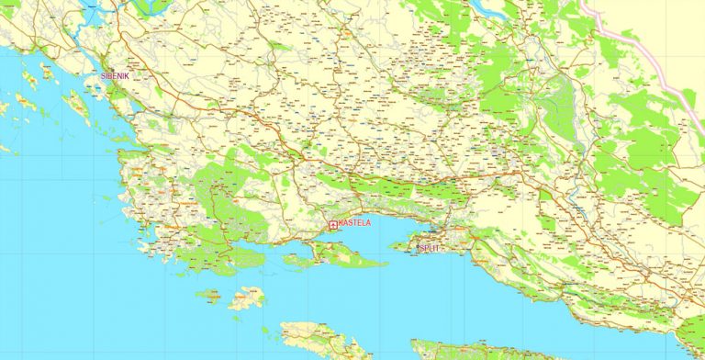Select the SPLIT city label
[429, 248]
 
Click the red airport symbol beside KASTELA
[332, 224]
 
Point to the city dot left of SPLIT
[415, 247]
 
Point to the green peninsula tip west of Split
[397, 245]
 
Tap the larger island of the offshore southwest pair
[245, 298]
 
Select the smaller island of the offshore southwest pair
[208, 295]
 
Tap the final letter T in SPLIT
[438, 248]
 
